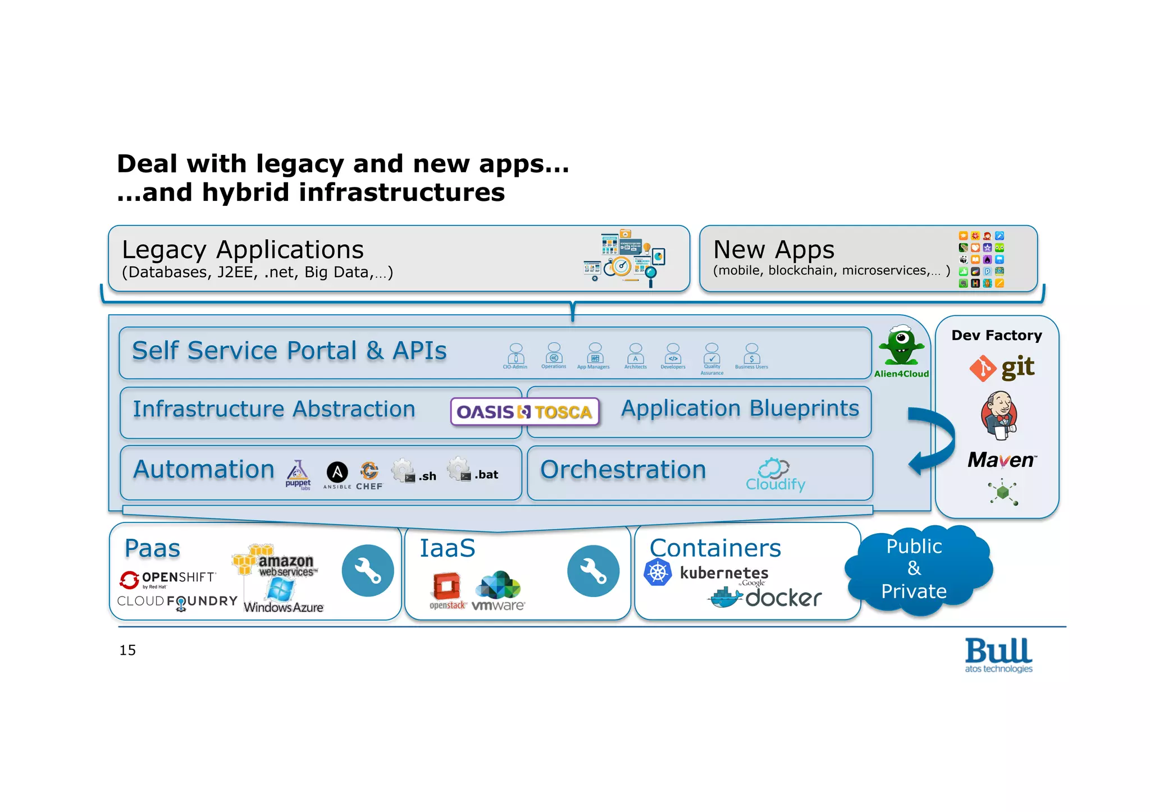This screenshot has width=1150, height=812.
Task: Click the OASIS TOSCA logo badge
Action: point(524,412)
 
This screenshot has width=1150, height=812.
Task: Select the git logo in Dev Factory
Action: point(1002,368)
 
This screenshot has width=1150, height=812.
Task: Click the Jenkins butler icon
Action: point(1000,415)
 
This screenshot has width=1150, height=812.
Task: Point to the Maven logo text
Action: point(1002,460)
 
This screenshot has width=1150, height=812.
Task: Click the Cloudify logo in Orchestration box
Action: point(775,475)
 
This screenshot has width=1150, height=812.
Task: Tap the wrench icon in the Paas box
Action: point(368,571)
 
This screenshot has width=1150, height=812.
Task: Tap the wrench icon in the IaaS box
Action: point(593,571)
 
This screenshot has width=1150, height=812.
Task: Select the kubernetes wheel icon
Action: point(658,573)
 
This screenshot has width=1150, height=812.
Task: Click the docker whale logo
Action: point(728,598)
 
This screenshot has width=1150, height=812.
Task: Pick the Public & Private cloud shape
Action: point(915,569)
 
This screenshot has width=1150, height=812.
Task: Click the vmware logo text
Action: point(498,605)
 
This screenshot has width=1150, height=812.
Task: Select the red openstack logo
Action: point(448,587)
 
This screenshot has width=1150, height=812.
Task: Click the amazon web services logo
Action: point(275,561)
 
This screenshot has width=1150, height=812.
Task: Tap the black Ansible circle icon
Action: point(337,472)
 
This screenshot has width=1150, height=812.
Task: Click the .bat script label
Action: point(486,475)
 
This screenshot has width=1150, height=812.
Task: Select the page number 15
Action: point(127,650)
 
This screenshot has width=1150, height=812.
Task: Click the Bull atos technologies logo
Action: point(998,654)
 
